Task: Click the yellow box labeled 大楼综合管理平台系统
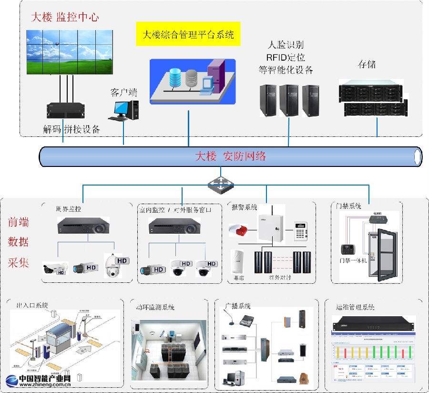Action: (189, 34)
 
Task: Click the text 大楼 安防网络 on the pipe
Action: (231, 156)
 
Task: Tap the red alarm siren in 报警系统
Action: (239, 230)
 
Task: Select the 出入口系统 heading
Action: (32, 305)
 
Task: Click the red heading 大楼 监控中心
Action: (65, 17)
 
